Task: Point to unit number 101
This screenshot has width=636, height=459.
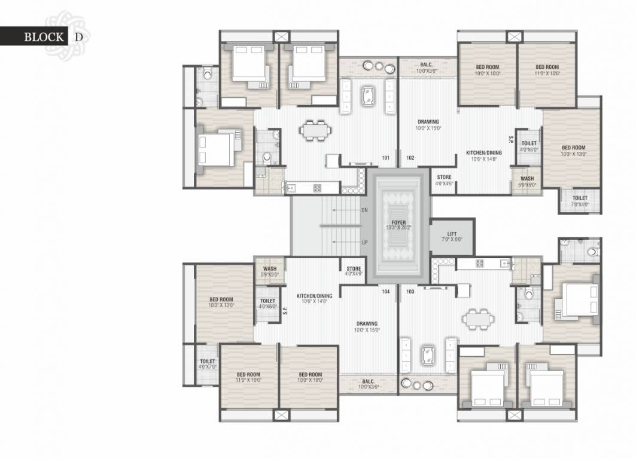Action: pyautogui.click(x=386, y=158)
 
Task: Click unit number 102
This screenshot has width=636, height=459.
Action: pyautogui.click(x=410, y=158)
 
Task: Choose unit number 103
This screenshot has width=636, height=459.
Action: pyautogui.click(x=410, y=292)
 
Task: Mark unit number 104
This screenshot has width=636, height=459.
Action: pyautogui.click(x=386, y=292)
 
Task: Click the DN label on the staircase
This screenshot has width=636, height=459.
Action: pyautogui.click(x=364, y=210)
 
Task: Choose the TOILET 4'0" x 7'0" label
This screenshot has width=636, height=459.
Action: pyautogui.click(x=207, y=363)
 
